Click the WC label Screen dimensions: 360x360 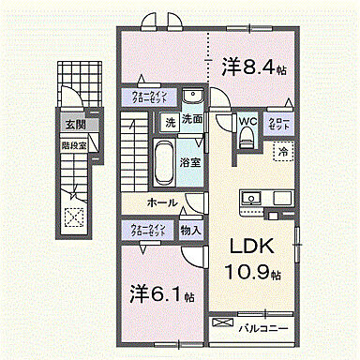pyautogui.click(x=248, y=121)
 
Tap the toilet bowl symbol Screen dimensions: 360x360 pyautogui.click(x=247, y=138)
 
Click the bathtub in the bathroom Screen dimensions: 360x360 pyautogui.click(x=163, y=165)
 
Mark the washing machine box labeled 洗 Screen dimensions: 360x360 pyautogui.click(x=170, y=121)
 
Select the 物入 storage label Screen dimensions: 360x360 pyautogui.click(x=189, y=229)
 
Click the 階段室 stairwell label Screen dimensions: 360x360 pyautogui.click(x=74, y=145)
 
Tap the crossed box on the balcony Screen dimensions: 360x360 pyautogui.click(x=220, y=323)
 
